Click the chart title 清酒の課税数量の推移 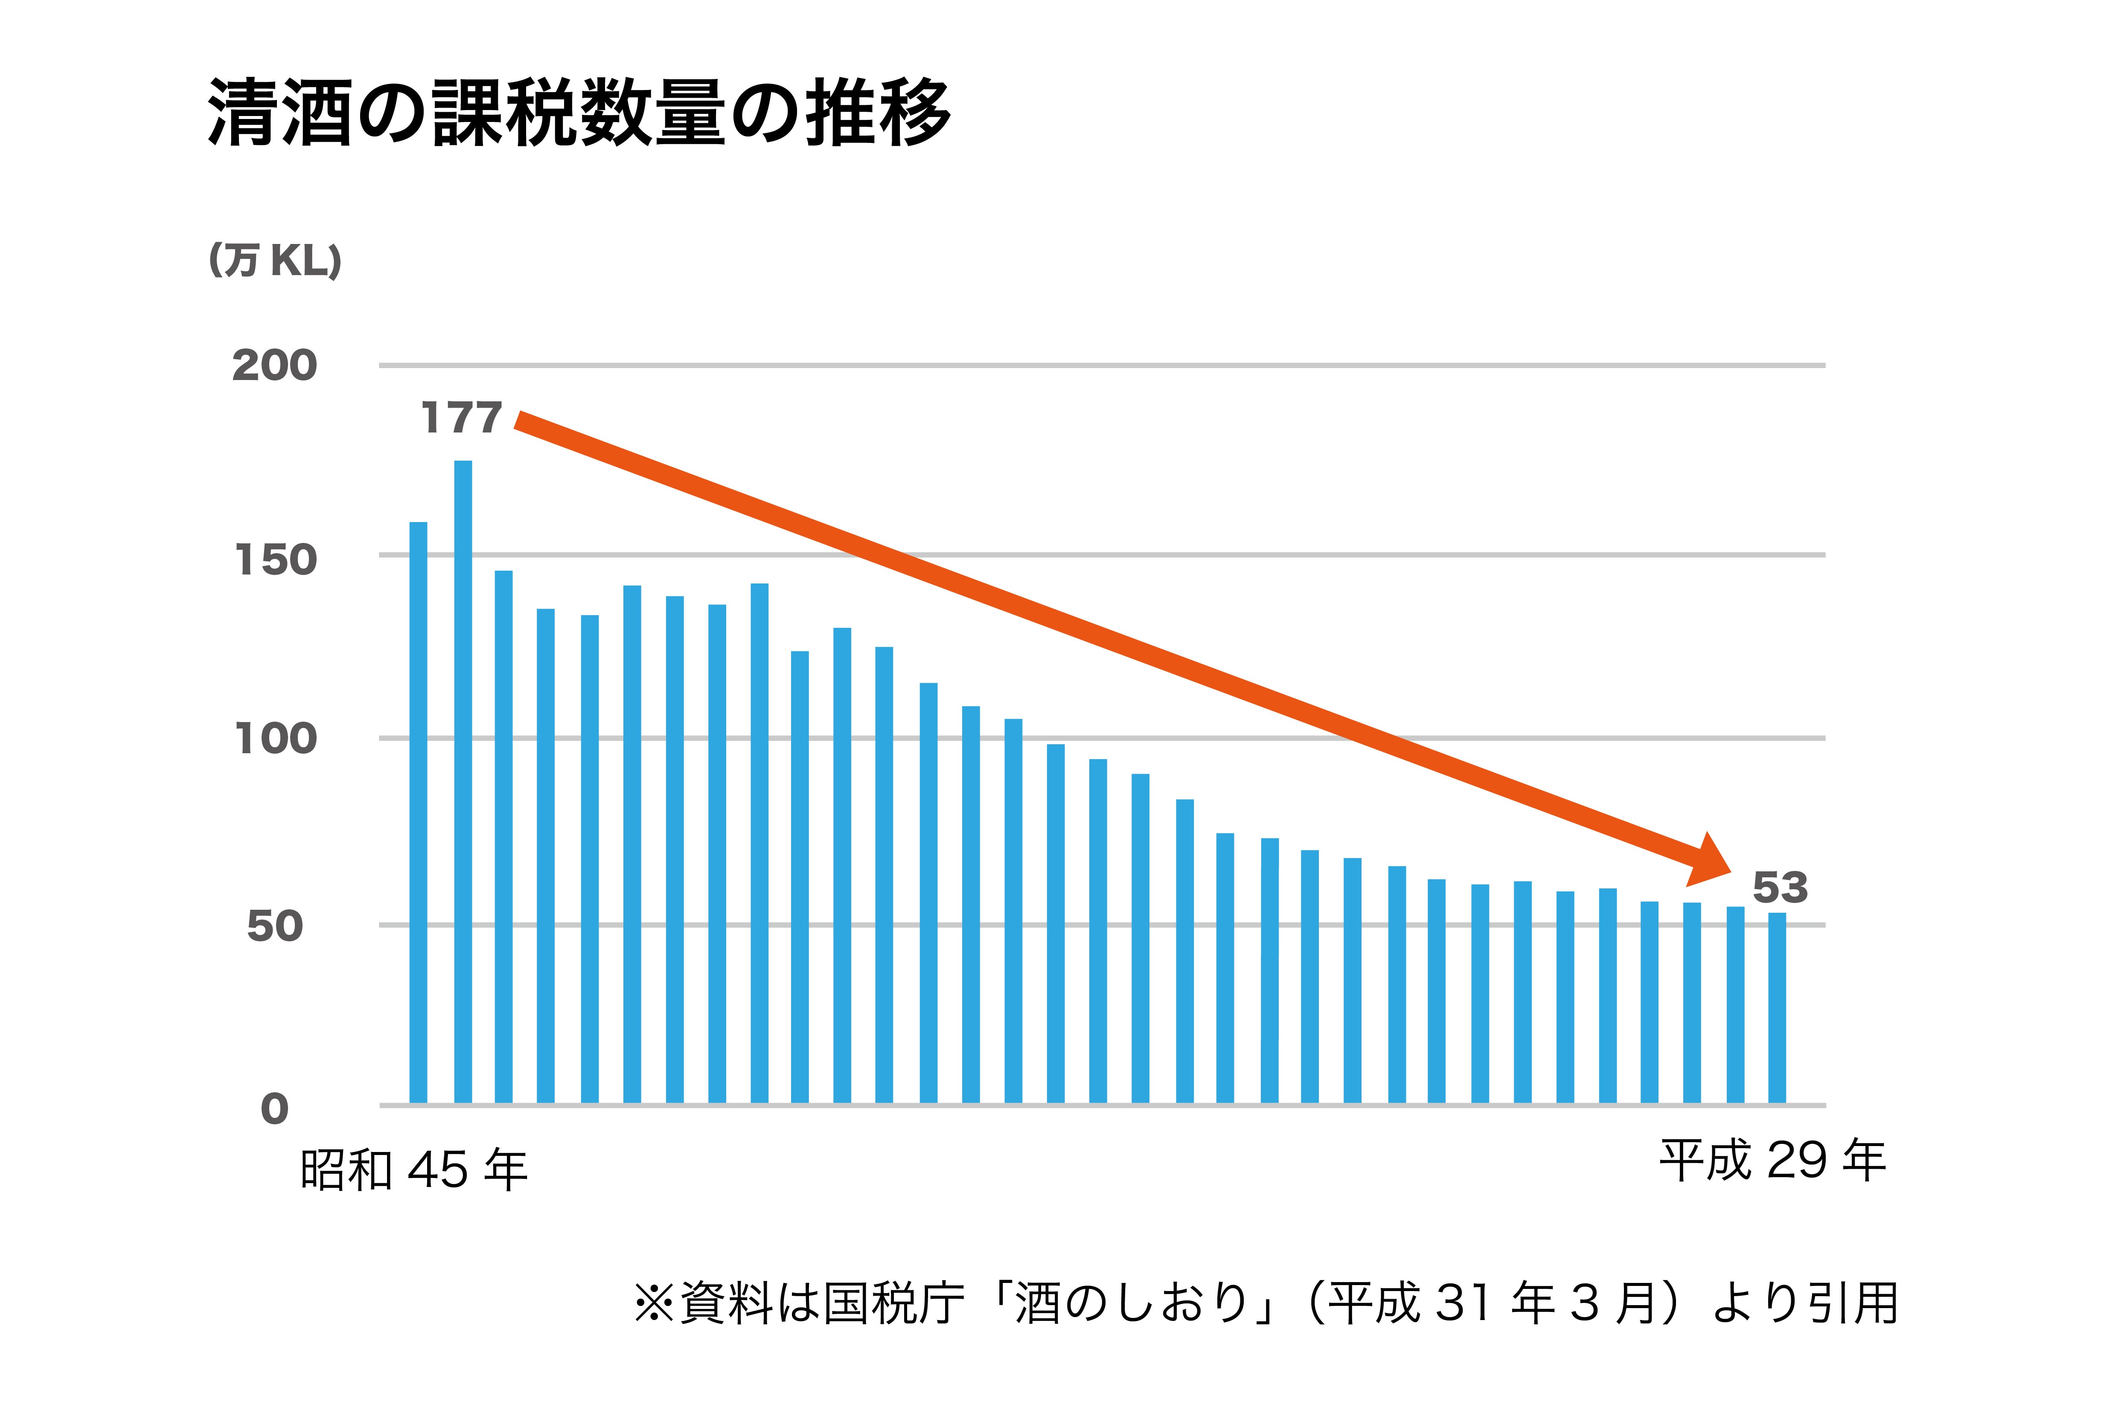coord(579,113)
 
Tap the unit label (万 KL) coord(275,261)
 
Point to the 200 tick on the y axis coord(274,366)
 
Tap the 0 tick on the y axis coord(274,1109)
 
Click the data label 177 coord(462,418)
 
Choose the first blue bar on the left coord(418,815)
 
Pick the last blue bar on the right coord(1777,1009)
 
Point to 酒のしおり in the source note coord(1132,1304)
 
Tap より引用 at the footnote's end coord(1806,1304)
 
